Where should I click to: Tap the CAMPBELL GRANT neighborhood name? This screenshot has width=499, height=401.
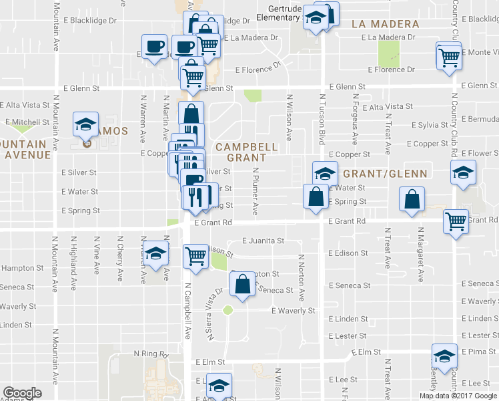[245, 152]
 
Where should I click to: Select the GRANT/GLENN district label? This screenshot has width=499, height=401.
[384, 173]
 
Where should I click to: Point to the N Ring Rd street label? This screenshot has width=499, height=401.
[150, 353]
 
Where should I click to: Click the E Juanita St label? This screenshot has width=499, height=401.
[263, 241]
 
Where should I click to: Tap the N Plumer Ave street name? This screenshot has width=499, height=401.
[255, 191]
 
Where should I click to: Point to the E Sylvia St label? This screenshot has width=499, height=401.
[434, 125]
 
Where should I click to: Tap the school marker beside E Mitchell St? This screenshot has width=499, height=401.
[85, 124]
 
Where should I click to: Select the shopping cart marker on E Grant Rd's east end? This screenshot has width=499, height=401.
[456, 221]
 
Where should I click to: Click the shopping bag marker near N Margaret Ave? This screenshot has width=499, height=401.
[412, 198]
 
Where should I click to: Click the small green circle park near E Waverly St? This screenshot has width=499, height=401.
[227, 309]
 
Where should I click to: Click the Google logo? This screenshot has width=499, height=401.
[23, 393]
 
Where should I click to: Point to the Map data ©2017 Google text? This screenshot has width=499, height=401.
[457, 395]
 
